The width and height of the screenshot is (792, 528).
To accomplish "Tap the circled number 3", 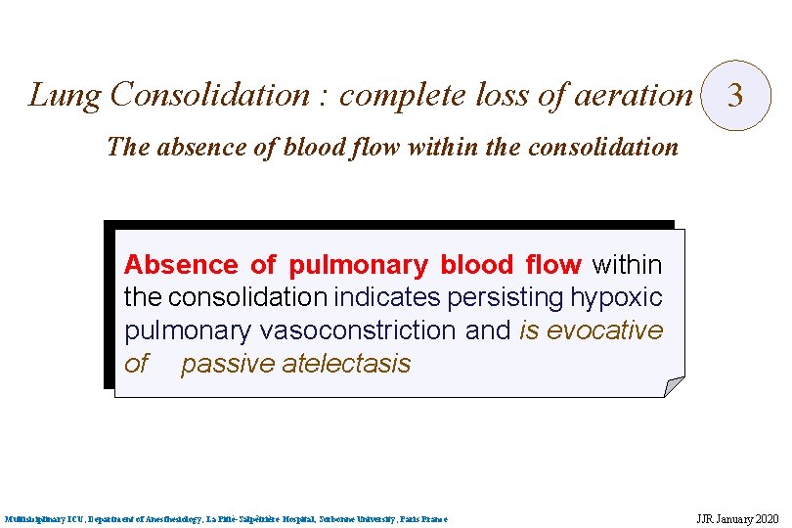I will tap(736, 96).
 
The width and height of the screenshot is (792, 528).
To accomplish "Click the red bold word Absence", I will tap(181, 265).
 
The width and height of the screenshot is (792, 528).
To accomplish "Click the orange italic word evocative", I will tap(604, 330).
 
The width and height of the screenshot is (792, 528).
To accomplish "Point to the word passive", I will tap(227, 364).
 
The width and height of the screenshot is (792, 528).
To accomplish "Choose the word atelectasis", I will tap(346, 364).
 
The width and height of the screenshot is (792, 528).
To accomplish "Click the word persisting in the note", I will tap(507, 297).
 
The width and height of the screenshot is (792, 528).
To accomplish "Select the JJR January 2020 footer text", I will tap(736, 518).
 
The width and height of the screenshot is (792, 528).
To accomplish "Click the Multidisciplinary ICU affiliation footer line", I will tap(226, 518).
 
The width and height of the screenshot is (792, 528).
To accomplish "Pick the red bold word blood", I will tap(476, 265).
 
